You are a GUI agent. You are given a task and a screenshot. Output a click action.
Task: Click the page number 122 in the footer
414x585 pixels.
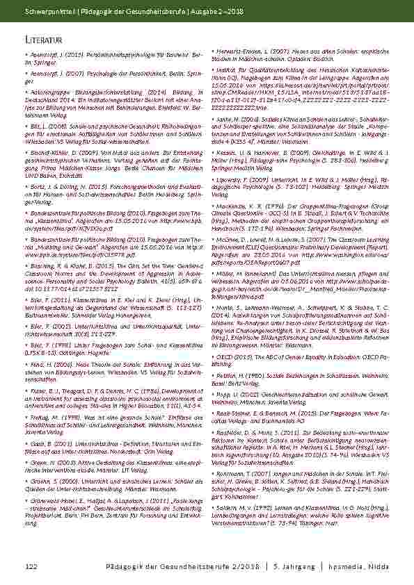(x=30, y=566)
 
